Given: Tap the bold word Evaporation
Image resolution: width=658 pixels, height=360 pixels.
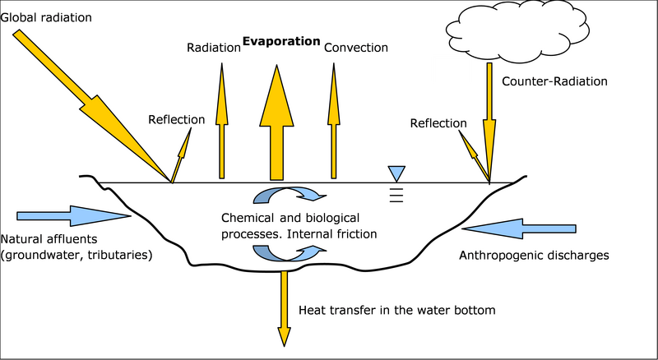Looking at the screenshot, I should click(x=280, y=40).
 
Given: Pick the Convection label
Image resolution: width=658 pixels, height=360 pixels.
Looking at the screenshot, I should click(x=355, y=48).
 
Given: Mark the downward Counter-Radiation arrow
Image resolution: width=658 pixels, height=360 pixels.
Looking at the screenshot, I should click(x=489, y=123).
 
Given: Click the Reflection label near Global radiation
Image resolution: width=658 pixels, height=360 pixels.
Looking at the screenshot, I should click(x=176, y=120).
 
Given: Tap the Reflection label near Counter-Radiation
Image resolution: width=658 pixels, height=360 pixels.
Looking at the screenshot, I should click(x=438, y=122).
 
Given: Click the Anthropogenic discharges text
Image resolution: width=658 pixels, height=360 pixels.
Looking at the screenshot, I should click(x=533, y=255).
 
